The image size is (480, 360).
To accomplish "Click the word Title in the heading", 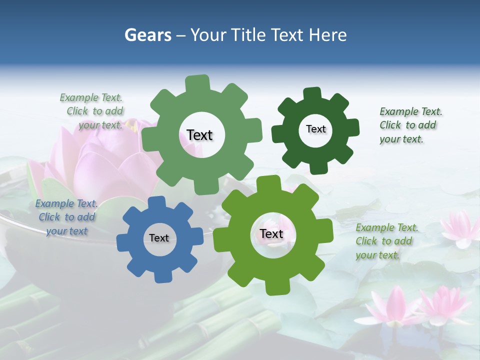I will (x=249, y=35).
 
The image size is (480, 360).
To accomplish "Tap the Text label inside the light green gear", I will (x=199, y=135).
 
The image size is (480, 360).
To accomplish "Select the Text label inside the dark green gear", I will (x=315, y=129).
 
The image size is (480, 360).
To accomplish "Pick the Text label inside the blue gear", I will (x=159, y=238).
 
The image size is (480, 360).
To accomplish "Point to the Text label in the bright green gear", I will (x=271, y=233).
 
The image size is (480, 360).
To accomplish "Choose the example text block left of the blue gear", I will (x=66, y=217).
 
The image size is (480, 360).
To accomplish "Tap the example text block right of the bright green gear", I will (x=386, y=241).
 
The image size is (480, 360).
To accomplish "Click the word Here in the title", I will (x=328, y=35).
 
